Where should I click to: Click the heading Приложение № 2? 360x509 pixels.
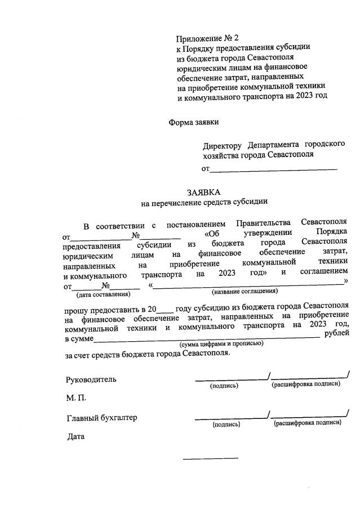[208, 38]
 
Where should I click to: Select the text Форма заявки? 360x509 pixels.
[193, 122]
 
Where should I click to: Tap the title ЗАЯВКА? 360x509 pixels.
[204, 191]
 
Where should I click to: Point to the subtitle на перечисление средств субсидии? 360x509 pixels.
[204, 202]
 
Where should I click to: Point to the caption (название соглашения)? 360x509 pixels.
[245, 292]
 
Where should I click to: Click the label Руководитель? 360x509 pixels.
[91, 379]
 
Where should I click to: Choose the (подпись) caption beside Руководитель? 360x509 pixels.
[224, 386]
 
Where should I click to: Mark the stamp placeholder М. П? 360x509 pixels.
[76, 398]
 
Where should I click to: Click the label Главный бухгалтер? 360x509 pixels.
[101, 418]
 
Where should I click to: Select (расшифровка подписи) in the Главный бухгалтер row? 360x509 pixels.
[308, 423]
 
